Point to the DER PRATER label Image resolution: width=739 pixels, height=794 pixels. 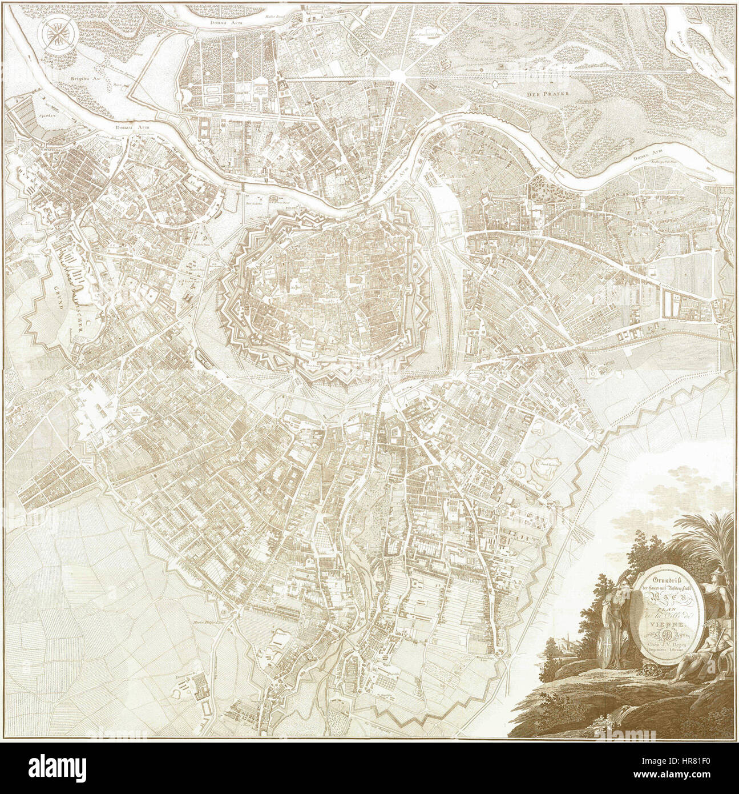click(541, 91)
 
